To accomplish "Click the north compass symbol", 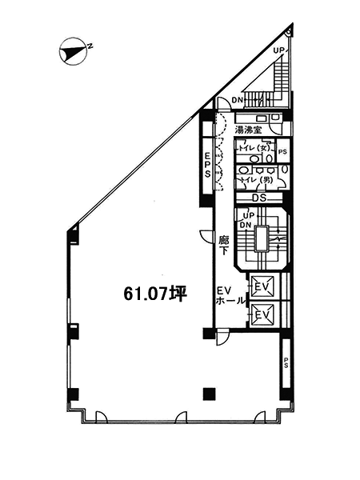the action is pyautogui.click(x=73, y=51).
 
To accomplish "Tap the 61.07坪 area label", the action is pyautogui.click(x=155, y=294).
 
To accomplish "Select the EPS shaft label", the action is pyautogui.click(x=207, y=165).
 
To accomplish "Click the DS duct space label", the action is pyautogui.click(x=259, y=198).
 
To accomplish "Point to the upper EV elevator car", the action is pyautogui.click(x=262, y=286).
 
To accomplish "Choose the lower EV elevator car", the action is pyautogui.click(x=262, y=314).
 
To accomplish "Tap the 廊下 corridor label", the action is pyautogui.click(x=224, y=245).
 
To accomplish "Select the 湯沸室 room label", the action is pyautogui.click(x=248, y=130).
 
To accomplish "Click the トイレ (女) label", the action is pyautogui.click(x=254, y=148).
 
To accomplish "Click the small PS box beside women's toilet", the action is pyautogui.click(x=283, y=151).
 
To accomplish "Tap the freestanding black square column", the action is pyautogui.click(x=209, y=394).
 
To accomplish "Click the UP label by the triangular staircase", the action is pyautogui.click(x=279, y=50).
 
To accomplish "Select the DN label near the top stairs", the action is pyautogui.click(x=238, y=100).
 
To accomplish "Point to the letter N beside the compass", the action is pyautogui.click(x=90, y=46).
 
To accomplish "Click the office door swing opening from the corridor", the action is pyautogui.click(x=206, y=236).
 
